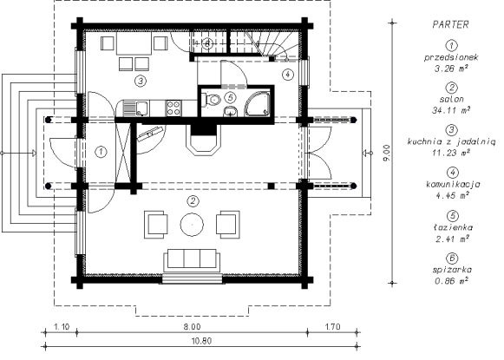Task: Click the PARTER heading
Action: (450, 24)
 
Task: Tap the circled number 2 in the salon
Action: (193, 201)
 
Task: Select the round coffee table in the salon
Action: (192, 225)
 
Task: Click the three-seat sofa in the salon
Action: (193, 259)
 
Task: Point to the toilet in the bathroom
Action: (210, 99)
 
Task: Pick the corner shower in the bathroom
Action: (258, 103)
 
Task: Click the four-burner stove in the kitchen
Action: (173, 108)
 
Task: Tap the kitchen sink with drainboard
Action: (135, 108)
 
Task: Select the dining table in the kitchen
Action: (134, 43)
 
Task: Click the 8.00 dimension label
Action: (193, 327)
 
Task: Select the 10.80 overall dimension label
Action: (202, 341)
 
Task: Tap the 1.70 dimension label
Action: (333, 327)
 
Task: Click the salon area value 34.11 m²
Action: (451, 110)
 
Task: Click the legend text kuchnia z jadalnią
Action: (451, 141)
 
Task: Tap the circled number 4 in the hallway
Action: (287, 75)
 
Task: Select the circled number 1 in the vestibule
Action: (101, 152)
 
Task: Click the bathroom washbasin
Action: (230, 111)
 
